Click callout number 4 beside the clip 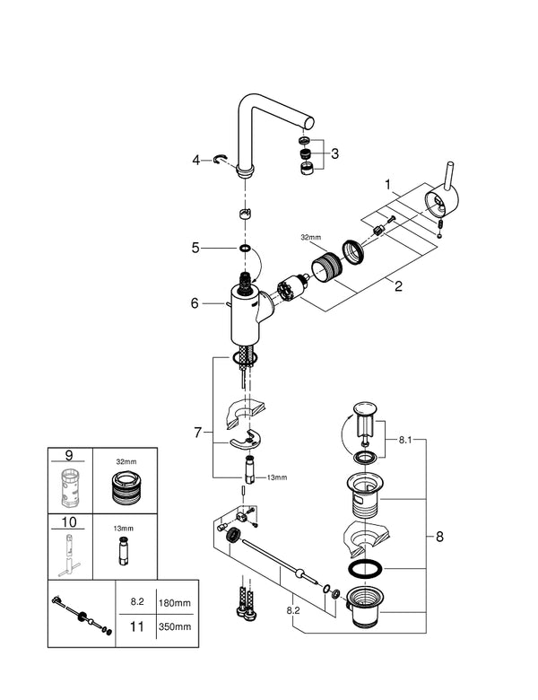tap(195, 162)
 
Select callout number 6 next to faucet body tap(194, 304)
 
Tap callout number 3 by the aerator tap(335, 153)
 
